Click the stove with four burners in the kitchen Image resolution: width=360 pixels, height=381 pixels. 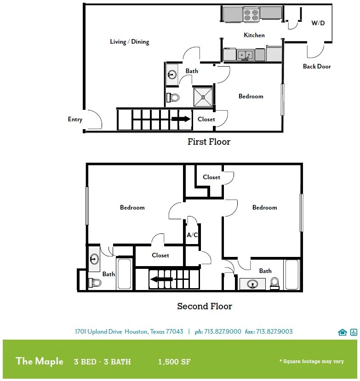(x=251, y=15)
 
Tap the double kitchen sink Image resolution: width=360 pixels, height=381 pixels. (x=245, y=55)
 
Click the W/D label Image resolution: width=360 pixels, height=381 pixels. (x=318, y=23)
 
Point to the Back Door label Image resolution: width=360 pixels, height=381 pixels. (x=317, y=66)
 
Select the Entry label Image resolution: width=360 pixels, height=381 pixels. (x=75, y=119)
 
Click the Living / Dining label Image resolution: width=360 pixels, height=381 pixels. (x=130, y=42)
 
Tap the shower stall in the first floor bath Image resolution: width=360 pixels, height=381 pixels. (x=203, y=97)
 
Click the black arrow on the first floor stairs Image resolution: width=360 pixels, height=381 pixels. (x=181, y=119)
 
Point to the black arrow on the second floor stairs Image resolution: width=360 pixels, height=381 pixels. (x=161, y=279)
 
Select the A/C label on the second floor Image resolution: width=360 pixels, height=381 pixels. (x=192, y=235)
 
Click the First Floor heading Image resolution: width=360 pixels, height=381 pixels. (x=209, y=142)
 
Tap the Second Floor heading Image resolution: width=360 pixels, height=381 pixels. (x=205, y=306)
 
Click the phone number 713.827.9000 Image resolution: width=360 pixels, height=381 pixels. (x=223, y=331)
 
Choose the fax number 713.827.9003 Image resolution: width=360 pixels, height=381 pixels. (x=274, y=331)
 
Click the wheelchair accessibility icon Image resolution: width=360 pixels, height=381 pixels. (x=354, y=332)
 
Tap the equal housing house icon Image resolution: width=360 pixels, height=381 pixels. (x=342, y=332)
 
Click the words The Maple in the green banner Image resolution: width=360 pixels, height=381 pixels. (x=40, y=361)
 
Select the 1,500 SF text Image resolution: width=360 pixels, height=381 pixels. (x=174, y=362)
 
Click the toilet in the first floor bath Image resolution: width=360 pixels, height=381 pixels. (x=173, y=98)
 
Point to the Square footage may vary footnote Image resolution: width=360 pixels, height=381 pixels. (x=312, y=361)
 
